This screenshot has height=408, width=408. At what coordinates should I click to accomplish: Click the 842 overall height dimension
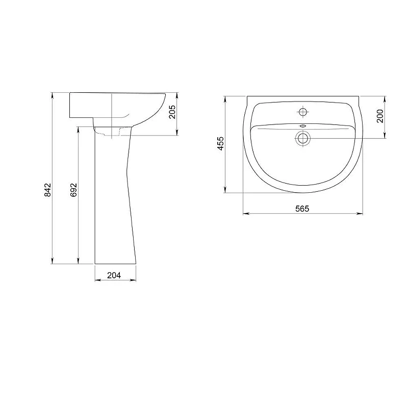[x=48, y=190]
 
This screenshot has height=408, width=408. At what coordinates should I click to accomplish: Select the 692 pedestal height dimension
[x=74, y=190]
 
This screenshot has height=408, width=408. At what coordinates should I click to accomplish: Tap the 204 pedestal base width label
[x=114, y=275]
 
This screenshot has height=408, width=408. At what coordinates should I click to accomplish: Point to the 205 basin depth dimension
[x=172, y=112]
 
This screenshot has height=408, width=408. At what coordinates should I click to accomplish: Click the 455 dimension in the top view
[x=220, y=143]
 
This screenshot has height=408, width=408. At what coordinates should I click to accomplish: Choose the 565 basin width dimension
[x=302, y=209]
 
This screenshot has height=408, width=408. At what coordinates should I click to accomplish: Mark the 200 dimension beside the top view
[x=380, y=116]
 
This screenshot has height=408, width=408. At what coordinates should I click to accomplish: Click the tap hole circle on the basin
[x=302, y=112]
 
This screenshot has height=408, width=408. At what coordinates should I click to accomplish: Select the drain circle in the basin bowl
[x=302, y=138]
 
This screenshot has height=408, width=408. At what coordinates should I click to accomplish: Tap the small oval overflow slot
[x=303, y=126]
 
